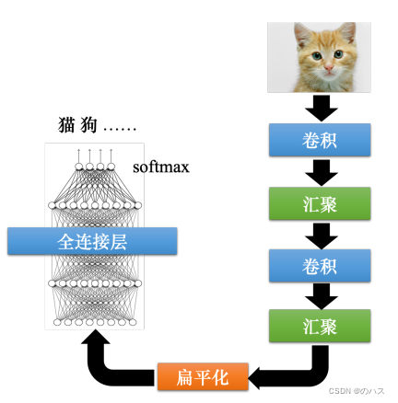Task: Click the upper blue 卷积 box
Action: pyautogui.click(x=320, y=140)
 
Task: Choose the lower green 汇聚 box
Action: pyautogui.click(x=320, y=326)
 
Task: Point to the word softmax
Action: pyautogui.click(x=160, y=167)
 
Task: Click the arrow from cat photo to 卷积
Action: pyautogui.click(x=320, y=108)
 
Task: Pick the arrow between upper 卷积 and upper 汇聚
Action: pyautogui.click(x=320, y=171)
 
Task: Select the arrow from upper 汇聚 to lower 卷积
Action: pyautogui.click(x=320, y=233)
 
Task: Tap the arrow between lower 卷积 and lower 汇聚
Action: pyautogui.click(x=320, y=294)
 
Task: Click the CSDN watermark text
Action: pyautogui.click(x=360, y=390)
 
